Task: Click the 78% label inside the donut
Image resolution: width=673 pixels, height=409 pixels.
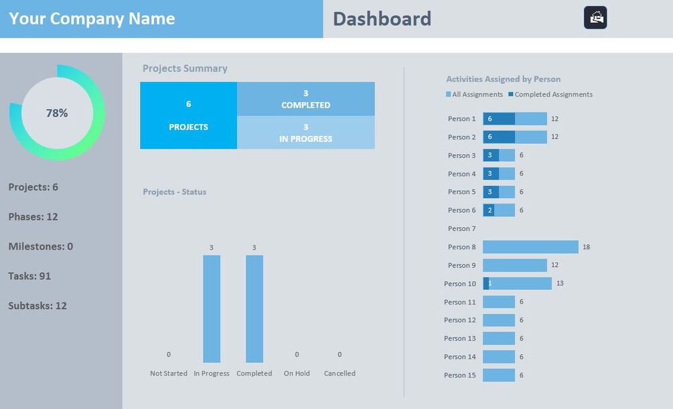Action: pyautogui.click(x=57, y=113)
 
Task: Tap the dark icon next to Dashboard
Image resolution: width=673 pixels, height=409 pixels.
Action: pyautogui.click(x=595, y=17)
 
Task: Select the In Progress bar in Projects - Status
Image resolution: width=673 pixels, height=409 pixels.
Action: pyautogui.click(x=212, y=309)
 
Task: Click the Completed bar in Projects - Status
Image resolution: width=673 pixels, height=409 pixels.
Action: pyautogui.click(x=254, y=309)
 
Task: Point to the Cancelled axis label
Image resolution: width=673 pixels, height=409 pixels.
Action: pyautogui.click(x=340, y=374)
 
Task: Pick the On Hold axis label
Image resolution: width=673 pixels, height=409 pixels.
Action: pyautogui.click(x=297, y=374)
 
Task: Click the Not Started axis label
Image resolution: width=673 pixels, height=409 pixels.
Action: pyautogui.click(x=169, y=374)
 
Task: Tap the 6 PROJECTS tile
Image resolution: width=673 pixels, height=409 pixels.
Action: pyautogui.click(x=188, y=115)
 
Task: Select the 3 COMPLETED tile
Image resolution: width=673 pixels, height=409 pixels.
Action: pyautogui.click(x=305, y=99)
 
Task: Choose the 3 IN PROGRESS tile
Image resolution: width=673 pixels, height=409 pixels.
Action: pyautogui.click(x=305, y=133)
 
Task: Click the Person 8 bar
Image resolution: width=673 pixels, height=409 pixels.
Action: pyautogui.click(x=530, y=247)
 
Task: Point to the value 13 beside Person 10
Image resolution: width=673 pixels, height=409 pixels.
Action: pyautogui.click(x=560, y=284)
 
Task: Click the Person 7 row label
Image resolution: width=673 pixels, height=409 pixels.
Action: pyautogui.click(x=461, y=229)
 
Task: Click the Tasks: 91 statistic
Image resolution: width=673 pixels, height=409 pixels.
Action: pyautogui.click(x=29, y=276)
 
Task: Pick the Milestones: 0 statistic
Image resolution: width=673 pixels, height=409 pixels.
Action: pyautogui.click(x=41, y=246)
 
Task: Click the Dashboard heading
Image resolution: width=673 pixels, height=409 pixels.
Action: pyautogui.click(x=382, y=19)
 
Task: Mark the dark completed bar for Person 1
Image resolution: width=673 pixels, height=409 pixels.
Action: pyautogui.click(x=499, y=118)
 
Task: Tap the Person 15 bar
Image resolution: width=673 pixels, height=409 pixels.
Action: pyautogui.click(x=499, y=375)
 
